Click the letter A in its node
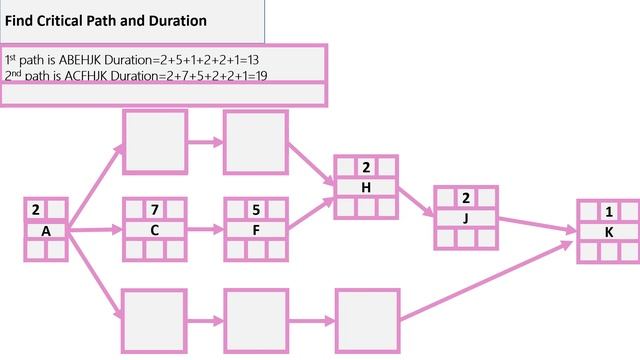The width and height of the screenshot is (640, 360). coord(46,231)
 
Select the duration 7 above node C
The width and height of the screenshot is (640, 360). coord(154,210)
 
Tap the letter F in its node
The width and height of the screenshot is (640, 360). coord(256,229)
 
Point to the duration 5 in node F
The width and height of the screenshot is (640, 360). coord(256,210)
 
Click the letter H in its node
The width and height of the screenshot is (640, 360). coord(366,187)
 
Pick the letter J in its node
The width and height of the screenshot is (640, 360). coord(466,217)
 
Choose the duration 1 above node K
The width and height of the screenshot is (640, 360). coord(609,211)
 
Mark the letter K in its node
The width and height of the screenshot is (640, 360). coord(609,231)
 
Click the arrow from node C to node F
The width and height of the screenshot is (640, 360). coord(205,229)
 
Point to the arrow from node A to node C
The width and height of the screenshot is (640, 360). coord(95,230)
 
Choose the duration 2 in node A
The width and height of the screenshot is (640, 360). coord(36,210)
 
